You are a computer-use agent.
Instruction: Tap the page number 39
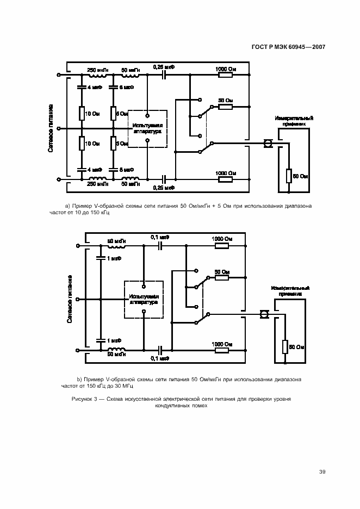[322, 471]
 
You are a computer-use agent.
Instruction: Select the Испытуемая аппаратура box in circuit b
[144, 299]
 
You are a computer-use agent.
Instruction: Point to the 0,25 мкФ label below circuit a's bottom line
[164, 188]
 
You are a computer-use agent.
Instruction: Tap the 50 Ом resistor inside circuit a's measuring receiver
[289, 176]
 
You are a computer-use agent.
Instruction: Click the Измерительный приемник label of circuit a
[294, 120]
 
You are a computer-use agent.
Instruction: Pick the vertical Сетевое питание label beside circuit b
[71, 299]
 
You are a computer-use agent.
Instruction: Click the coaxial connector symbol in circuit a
[267, 144]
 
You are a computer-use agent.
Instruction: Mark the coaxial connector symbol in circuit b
[264, 315]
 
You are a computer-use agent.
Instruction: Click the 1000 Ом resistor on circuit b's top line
[222, 246]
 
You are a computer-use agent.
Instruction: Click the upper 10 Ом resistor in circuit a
[80, 113]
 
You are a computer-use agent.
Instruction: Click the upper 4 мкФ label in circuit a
[95, 86]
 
